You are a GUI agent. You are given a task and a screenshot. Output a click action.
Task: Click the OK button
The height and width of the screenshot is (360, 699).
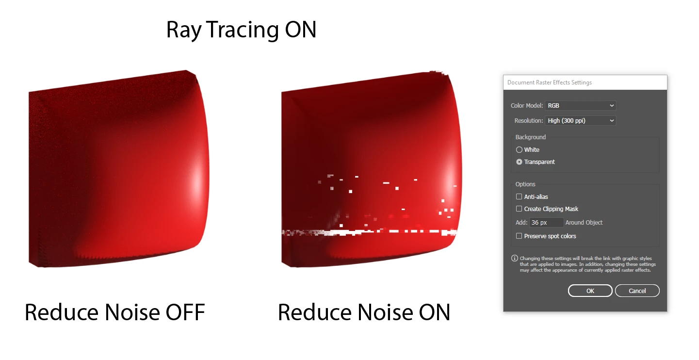[590, 291]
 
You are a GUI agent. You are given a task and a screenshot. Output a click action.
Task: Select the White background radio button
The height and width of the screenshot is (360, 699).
[519, 150]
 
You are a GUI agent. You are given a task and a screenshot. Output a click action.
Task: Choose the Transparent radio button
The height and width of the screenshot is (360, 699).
[519, 162]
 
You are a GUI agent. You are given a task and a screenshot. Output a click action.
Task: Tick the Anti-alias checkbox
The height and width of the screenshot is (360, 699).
[519, 196]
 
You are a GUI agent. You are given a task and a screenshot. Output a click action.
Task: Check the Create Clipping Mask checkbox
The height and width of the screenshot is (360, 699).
[519, 209]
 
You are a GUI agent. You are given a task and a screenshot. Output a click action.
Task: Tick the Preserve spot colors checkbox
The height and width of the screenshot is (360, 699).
[519, 236]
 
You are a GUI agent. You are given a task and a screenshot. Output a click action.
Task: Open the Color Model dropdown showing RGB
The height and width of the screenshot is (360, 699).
[581, 106]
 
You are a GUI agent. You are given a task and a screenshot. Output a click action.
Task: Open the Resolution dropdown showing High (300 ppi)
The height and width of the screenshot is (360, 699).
[581, 120]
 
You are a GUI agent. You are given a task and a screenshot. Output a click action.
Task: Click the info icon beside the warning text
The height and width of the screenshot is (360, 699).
[514, 258]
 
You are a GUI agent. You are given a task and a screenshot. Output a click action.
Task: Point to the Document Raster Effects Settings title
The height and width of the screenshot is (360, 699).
[549, 82]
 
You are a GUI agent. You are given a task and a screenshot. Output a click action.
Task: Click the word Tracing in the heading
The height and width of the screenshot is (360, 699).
[242, 30]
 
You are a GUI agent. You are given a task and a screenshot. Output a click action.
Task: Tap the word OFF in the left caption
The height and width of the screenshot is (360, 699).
[185, 312]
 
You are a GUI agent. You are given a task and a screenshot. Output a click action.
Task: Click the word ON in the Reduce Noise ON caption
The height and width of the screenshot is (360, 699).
[434, 312]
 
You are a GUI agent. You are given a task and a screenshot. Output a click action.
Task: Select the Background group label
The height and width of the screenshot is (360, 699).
[531, 137]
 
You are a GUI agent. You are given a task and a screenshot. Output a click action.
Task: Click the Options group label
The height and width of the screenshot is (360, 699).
[525, 184]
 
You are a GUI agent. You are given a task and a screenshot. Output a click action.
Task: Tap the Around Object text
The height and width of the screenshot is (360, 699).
[584, 223]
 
